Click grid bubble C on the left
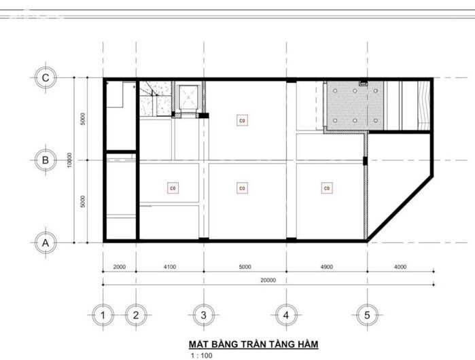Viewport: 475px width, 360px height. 46,78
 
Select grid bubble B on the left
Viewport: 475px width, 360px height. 46,160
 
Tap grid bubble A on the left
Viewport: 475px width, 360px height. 46,242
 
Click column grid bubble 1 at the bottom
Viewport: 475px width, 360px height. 102,314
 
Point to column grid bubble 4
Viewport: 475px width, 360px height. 286,314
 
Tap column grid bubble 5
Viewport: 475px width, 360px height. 367,314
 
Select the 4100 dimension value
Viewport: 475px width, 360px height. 169,267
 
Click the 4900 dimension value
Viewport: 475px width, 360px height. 326,267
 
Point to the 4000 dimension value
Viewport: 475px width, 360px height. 400,267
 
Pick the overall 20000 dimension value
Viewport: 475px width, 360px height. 268,279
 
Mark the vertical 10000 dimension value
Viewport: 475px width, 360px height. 71,160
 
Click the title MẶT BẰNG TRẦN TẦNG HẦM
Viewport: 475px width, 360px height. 253,344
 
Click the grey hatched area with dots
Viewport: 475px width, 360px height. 355,105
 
